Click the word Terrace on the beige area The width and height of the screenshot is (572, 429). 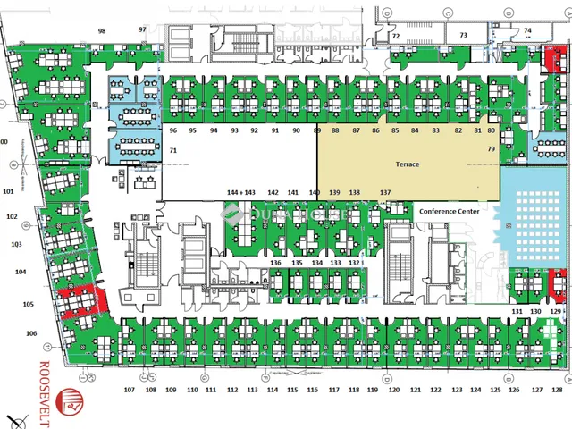408,165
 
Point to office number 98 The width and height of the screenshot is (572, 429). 102,30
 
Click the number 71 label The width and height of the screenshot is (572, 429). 173,152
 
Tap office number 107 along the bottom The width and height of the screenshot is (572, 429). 130,391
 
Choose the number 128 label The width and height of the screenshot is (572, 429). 558,391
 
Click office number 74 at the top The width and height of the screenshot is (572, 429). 527,30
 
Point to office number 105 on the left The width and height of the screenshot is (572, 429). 29,304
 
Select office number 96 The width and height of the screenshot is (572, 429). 172,130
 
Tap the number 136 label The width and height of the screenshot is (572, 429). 275,263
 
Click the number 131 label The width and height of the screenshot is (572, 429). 517,311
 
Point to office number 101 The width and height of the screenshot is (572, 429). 9,191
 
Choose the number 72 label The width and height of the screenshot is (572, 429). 395,37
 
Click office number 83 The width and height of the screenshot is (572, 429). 436,130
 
